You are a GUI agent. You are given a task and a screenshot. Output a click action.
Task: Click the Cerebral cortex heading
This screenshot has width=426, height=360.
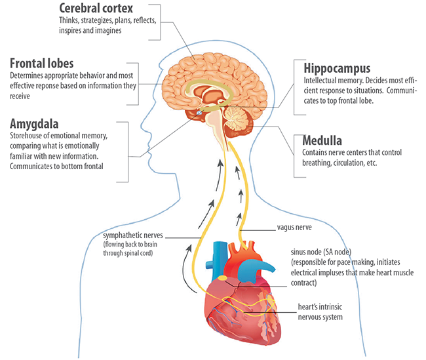click(96, 8)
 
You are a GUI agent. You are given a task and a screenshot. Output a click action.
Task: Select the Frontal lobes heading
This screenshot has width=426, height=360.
click(41, 64)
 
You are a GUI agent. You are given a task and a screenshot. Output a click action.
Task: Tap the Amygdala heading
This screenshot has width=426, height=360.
click(34, 124)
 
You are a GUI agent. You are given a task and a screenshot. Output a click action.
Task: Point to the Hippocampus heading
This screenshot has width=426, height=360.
click(337, 68)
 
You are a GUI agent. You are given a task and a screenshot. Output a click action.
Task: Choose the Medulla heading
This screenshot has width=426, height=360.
click(322, 140)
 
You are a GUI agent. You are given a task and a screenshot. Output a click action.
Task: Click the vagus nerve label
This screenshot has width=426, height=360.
click(294, 228)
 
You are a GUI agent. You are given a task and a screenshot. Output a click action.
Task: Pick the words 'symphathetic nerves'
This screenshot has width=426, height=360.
click(133, 235)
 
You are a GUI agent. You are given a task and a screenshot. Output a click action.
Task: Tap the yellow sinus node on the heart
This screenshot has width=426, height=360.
click(223, 277)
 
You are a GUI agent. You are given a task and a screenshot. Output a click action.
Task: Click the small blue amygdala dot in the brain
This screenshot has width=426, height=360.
click(199, 113)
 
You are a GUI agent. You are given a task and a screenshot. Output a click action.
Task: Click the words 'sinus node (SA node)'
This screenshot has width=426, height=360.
click(321, 252)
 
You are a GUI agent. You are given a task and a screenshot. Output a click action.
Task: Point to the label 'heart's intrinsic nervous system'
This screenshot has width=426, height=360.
click(320, 312)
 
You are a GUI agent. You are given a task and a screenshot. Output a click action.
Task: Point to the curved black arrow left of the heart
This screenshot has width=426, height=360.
click(187, 270)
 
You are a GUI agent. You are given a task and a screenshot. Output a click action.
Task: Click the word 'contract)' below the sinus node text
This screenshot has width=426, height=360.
click(303, 283)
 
